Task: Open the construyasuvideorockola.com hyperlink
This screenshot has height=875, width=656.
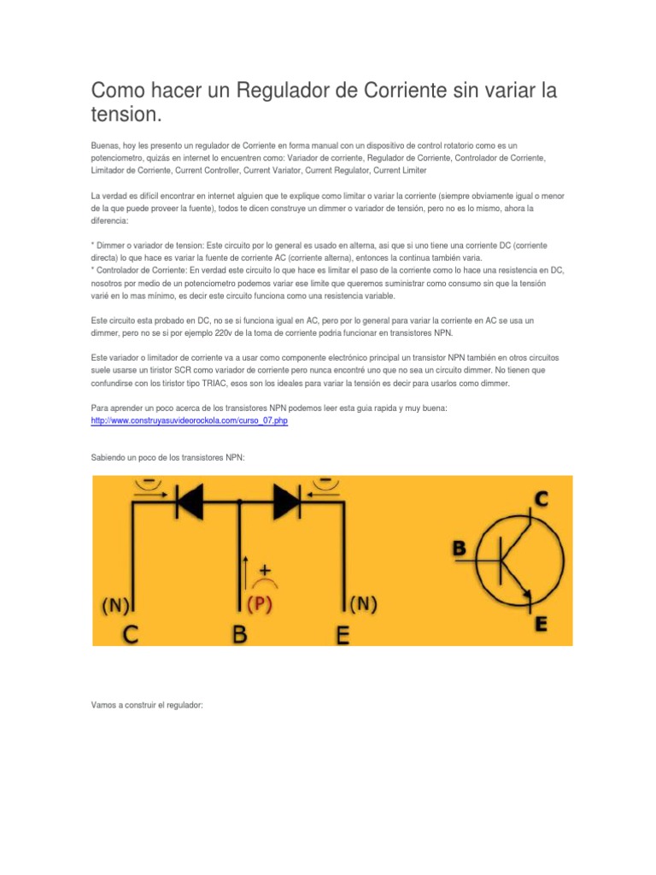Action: (189, 422)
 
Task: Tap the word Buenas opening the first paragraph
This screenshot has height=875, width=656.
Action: (106, 146)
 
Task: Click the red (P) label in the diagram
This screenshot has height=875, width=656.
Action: (259, 605)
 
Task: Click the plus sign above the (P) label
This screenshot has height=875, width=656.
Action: (265, 569)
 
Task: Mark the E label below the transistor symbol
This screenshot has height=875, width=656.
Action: (541, 624)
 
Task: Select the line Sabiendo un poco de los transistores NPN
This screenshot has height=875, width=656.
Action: (167, 458)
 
